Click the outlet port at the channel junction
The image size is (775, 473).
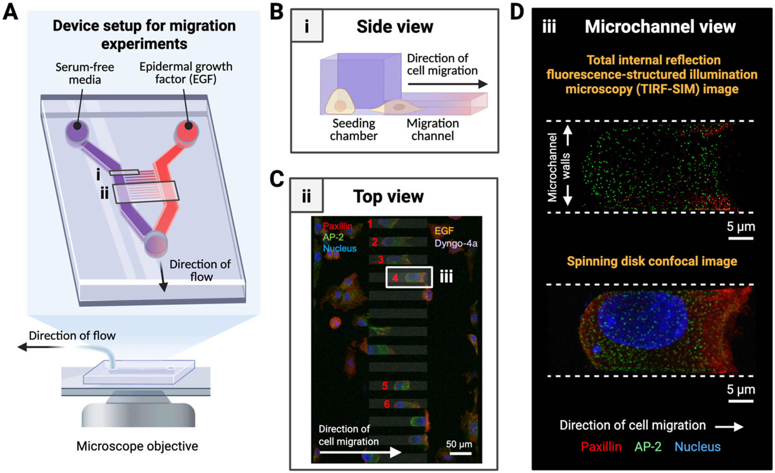click(156, 244)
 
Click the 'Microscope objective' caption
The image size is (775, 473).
click(137, 446)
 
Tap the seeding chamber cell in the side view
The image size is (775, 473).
click(340, 102)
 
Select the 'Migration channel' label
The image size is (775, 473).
click(433, 130)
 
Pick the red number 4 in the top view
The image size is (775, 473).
click(395, 278)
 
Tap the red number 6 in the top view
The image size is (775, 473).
click(387, 404)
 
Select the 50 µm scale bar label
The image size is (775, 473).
click(459, 444)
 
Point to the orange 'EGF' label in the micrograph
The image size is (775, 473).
click(444, 231)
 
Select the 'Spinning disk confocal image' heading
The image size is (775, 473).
click(652, 261)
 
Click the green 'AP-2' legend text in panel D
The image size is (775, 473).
click(648, 447)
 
